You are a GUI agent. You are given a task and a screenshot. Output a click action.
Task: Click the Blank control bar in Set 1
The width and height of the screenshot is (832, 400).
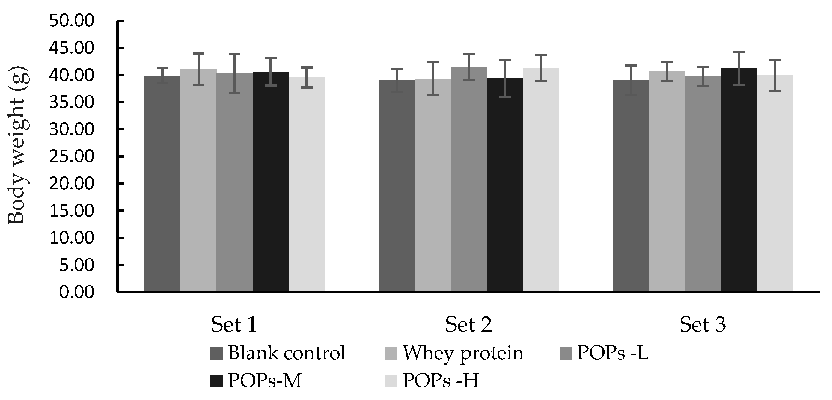[162, 184]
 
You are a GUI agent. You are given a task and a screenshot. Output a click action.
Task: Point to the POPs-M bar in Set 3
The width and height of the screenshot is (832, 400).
[739, 181]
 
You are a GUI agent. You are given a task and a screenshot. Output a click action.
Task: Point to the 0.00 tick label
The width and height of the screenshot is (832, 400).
[76, 292]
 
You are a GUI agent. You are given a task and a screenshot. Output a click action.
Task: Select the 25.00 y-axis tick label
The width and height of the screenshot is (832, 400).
[71, 157]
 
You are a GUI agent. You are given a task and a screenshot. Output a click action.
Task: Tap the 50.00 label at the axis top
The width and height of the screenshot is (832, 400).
[71, 21]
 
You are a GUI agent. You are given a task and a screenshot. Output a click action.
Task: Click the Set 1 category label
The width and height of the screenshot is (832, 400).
[234, 324]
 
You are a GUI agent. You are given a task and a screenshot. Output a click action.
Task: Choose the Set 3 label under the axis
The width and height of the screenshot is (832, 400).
[703, 324]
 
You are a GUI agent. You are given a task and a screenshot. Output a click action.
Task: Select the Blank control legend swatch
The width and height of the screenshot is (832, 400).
[216, 354]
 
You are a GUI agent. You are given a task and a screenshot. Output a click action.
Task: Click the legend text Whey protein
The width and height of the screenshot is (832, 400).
[462, 353]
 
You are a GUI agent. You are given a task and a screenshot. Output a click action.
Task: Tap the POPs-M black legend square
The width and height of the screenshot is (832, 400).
[216, 381]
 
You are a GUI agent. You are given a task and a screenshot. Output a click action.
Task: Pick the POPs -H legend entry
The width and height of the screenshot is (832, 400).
[440, 381]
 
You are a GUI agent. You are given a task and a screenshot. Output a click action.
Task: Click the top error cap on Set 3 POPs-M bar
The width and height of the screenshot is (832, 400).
[739, 52]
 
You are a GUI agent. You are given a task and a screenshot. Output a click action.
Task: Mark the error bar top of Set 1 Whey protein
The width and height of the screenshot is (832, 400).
[198, 53]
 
